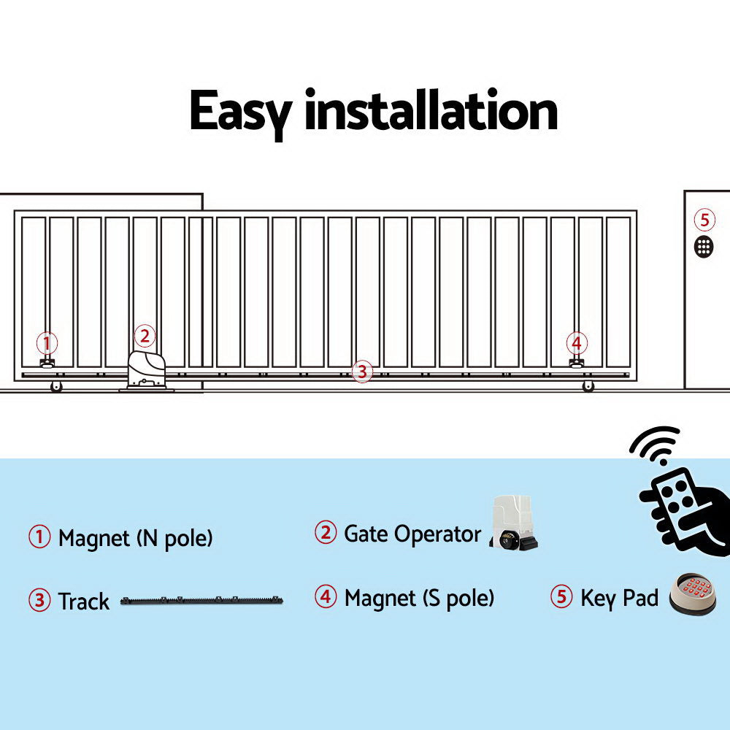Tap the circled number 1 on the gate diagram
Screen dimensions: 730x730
47,342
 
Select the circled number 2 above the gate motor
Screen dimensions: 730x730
145,336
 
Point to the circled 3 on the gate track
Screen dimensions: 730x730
361,372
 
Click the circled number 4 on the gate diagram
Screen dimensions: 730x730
577,342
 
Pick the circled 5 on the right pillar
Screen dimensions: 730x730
704,220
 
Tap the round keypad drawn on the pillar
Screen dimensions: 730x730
704,246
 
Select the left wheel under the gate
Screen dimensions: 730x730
56,387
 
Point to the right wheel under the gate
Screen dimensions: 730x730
588,386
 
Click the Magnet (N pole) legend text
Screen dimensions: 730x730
135,539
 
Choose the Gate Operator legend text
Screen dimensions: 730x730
412,534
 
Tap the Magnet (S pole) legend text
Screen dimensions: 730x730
419,599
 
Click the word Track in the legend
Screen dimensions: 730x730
84,602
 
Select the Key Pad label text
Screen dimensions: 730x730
619,598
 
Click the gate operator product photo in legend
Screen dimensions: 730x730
514,523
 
